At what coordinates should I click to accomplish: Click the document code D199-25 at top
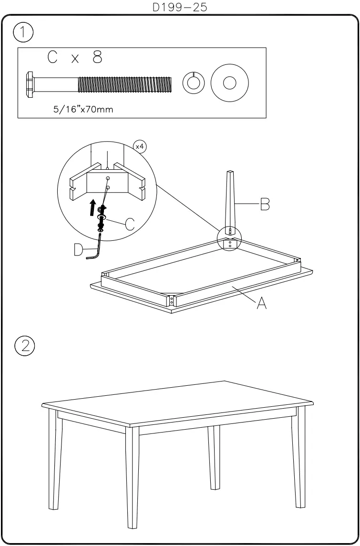[x=180, y=7]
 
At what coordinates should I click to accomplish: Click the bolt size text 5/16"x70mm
[x=83, y=109]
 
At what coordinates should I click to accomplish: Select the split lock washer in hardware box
[x=193, y=83]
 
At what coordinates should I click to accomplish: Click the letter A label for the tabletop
[x=261, y=303]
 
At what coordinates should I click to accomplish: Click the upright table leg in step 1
[x=229, y=200]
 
